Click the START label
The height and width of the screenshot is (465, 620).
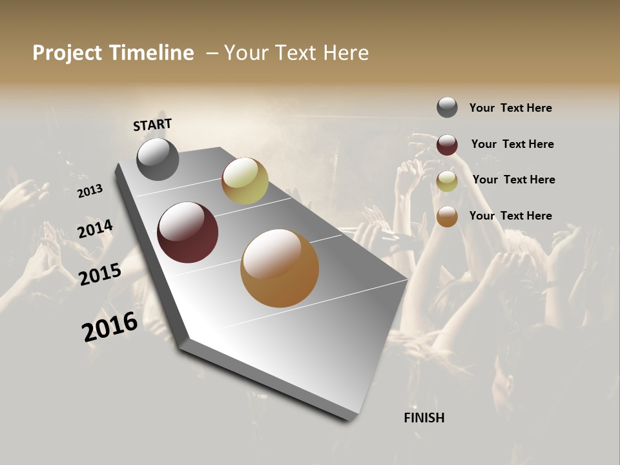point(152,125)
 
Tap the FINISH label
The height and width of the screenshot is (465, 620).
point(424,418)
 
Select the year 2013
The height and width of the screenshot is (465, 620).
point(90,191)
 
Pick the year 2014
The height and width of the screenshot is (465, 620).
point(96,229)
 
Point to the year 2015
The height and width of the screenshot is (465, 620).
point(100,274)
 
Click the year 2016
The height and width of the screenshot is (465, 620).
point(110,327)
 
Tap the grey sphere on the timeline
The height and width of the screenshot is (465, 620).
point(158,160)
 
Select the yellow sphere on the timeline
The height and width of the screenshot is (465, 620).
point(245,181)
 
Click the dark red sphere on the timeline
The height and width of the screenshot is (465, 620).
point(187,232)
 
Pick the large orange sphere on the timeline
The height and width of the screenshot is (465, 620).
point(280,268)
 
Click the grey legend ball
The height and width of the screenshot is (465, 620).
point(447,107)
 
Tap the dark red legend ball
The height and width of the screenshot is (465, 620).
point(447,145)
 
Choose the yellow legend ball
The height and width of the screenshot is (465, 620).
point(447,181)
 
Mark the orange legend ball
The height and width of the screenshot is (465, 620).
point(447,216)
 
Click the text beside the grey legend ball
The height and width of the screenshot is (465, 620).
point(510,108)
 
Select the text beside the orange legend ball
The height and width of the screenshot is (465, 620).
point(510,216)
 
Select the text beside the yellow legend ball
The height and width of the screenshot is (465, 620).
point(513,180)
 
